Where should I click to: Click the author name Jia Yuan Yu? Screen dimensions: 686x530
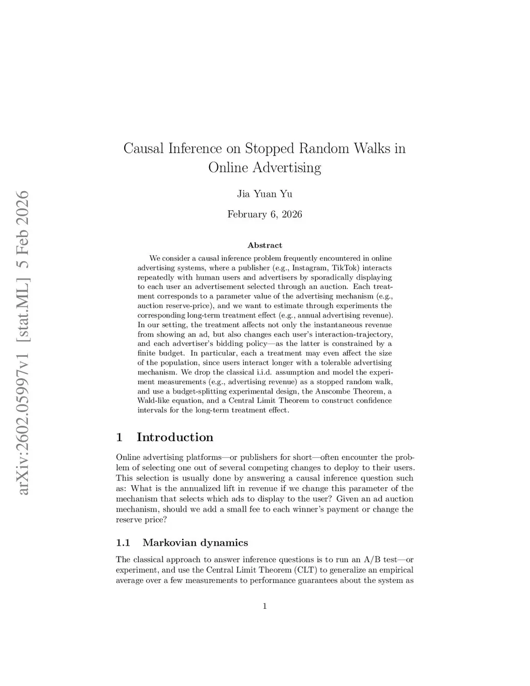coord(264,194)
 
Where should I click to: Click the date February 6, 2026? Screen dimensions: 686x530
coord(264,214)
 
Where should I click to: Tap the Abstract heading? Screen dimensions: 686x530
coord(264,245)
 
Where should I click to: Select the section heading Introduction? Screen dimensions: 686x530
coord(174,437)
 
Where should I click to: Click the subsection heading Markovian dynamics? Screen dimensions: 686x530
coord(195,543)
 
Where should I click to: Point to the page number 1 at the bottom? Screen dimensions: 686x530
coord(264,606)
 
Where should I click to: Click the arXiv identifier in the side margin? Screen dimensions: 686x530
coord(23,342)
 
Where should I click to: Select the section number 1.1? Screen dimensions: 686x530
coord(123,543)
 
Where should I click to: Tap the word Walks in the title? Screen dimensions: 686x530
coord(372,149)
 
